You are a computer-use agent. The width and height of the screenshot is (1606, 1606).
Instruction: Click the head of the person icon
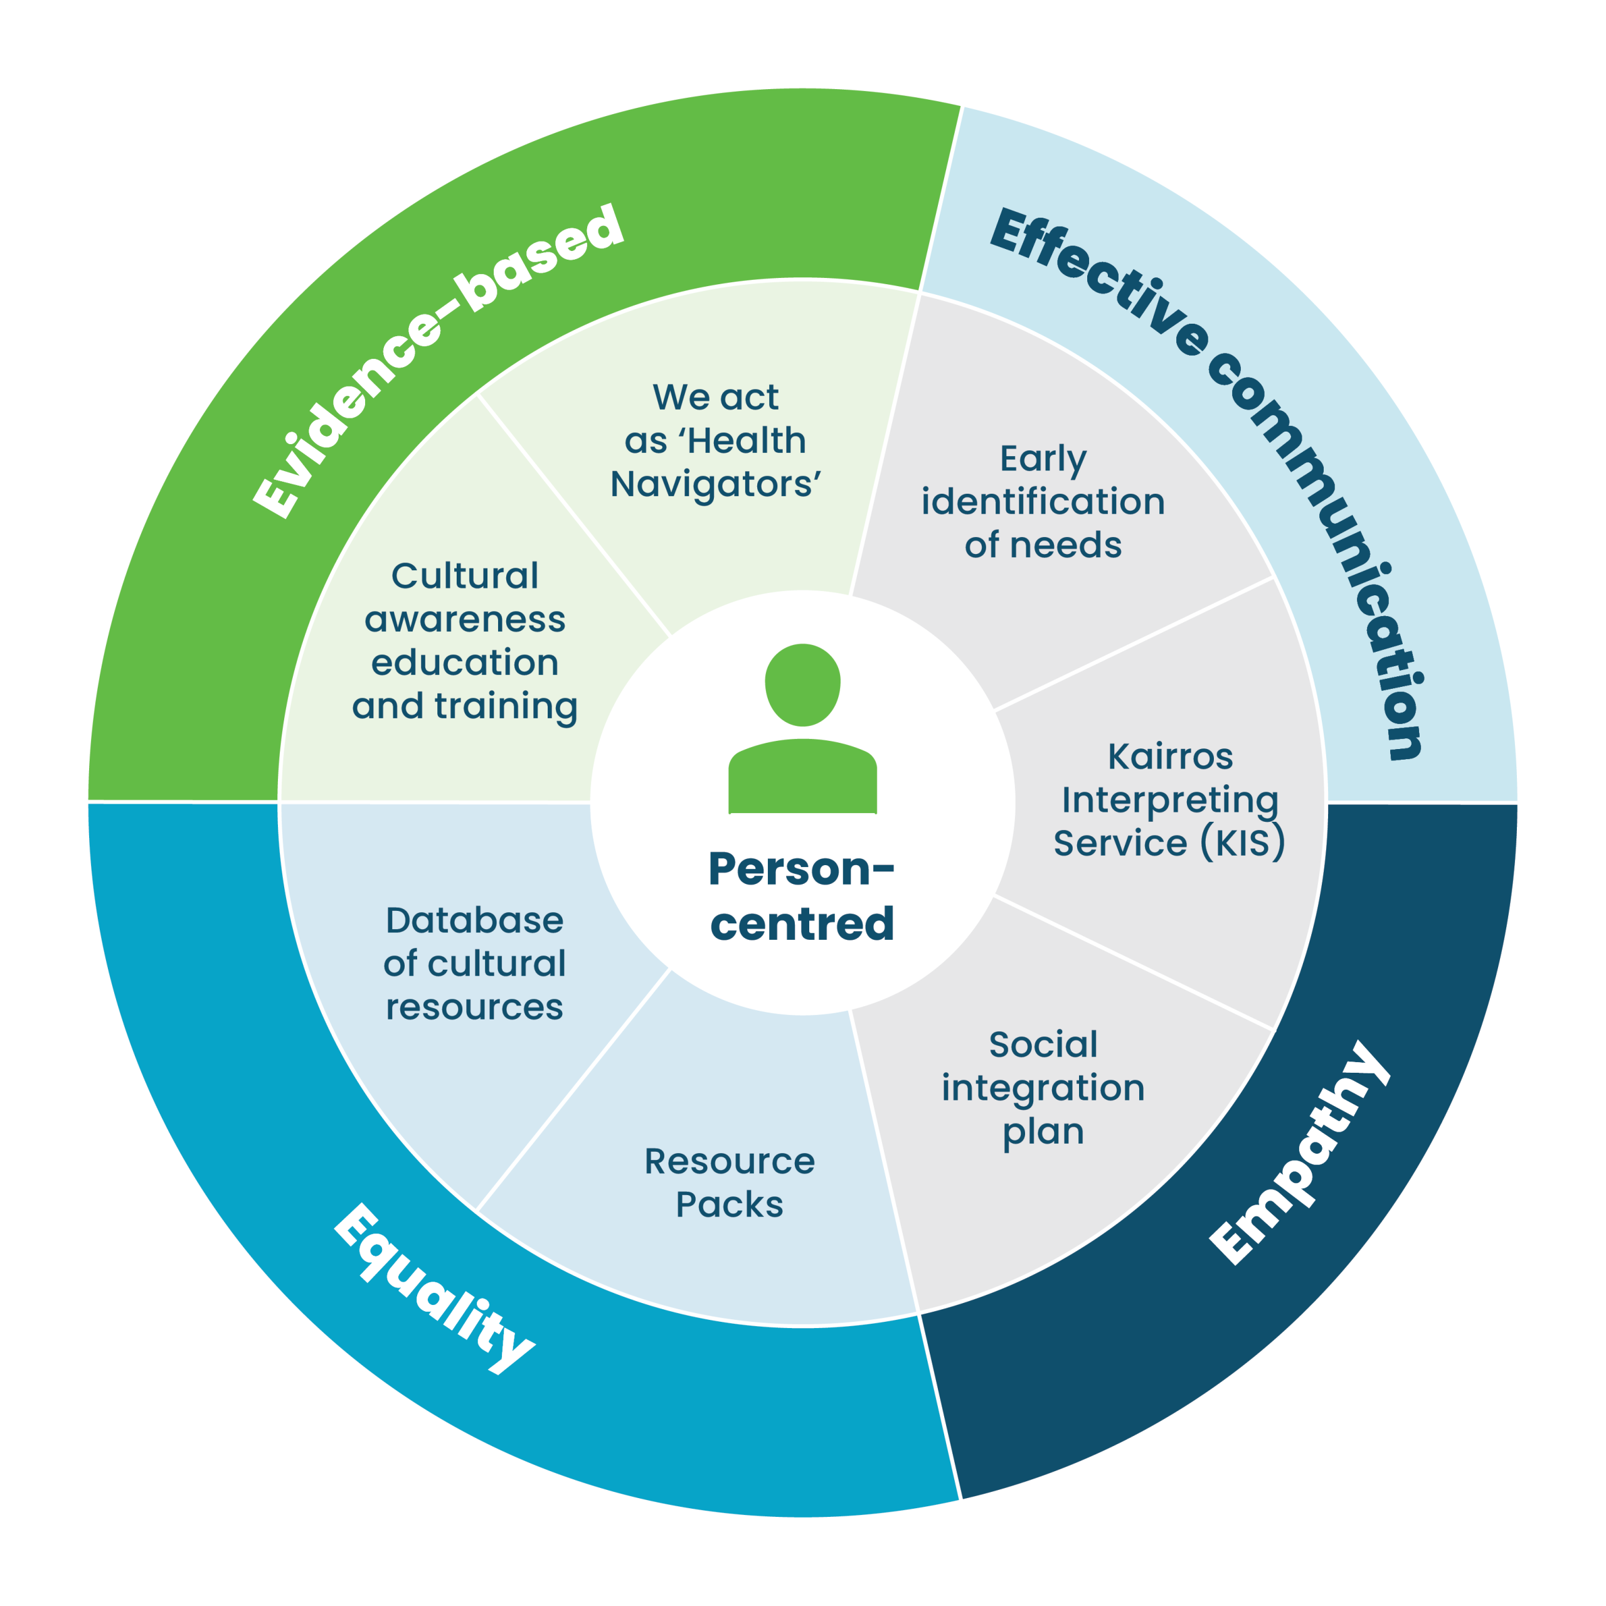click(802, 684)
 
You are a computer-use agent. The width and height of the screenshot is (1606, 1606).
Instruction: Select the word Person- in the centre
click(800, 869)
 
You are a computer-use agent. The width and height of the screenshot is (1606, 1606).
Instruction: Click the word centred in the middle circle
click(802, 923)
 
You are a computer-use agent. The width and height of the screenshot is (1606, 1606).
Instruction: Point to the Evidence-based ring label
click(438, 361)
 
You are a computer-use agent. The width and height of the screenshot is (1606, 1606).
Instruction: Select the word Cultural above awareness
click(465, 576)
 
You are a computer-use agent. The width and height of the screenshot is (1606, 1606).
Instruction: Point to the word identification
click(1043, 502)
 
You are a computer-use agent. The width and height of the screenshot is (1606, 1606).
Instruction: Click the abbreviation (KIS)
click(1242, 844)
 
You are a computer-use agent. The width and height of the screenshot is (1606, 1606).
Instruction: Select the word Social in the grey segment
click(1043, 1045)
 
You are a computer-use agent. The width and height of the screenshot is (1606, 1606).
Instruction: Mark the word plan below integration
click(1043, 1132)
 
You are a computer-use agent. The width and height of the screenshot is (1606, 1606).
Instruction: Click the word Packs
click(729, 1204)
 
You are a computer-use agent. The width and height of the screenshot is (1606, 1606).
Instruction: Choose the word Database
click(475, 921)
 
